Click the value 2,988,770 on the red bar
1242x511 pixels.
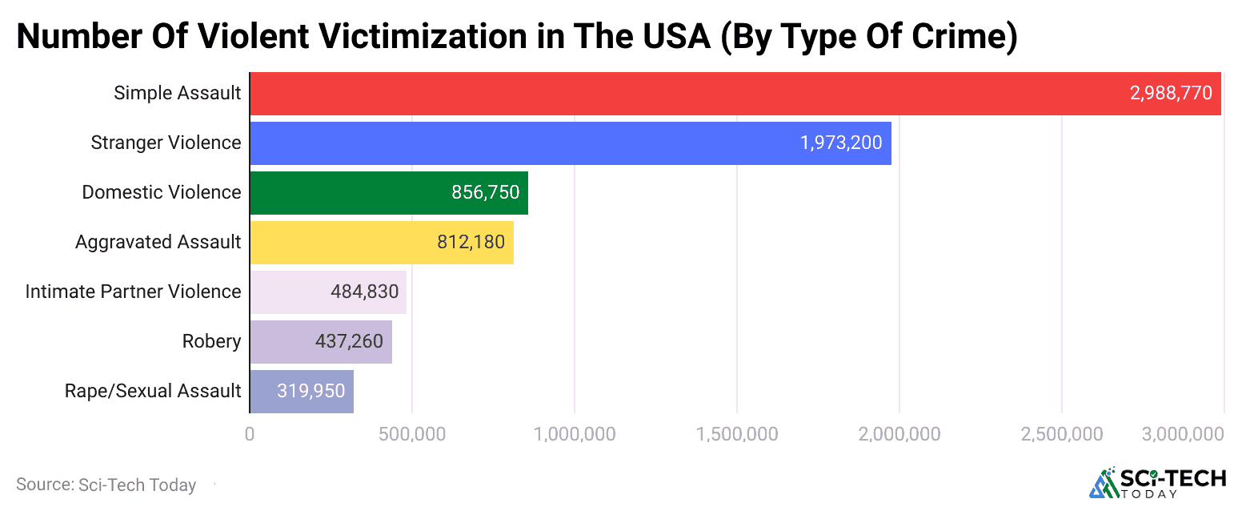[x=1171, y=94]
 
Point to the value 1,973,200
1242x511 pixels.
[x=841, y=143]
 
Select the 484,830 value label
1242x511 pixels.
[x=364, y=292]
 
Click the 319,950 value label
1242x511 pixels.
[x=311, y=391]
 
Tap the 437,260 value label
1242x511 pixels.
[x=349, y=341]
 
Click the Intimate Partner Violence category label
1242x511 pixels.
[x=133, y=292]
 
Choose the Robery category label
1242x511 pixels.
[x=211, y=341]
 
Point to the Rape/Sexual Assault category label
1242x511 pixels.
[x=153, y=391]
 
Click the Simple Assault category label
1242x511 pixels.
[x=177, y=94]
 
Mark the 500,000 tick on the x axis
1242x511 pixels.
[x=411, y=434]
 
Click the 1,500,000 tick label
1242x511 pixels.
[x=736, y=434]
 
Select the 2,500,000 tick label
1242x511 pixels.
[x=1061, y=434]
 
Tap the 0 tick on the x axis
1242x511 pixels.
[x=250, y=434]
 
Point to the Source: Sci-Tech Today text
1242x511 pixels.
[x=106, y=485]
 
